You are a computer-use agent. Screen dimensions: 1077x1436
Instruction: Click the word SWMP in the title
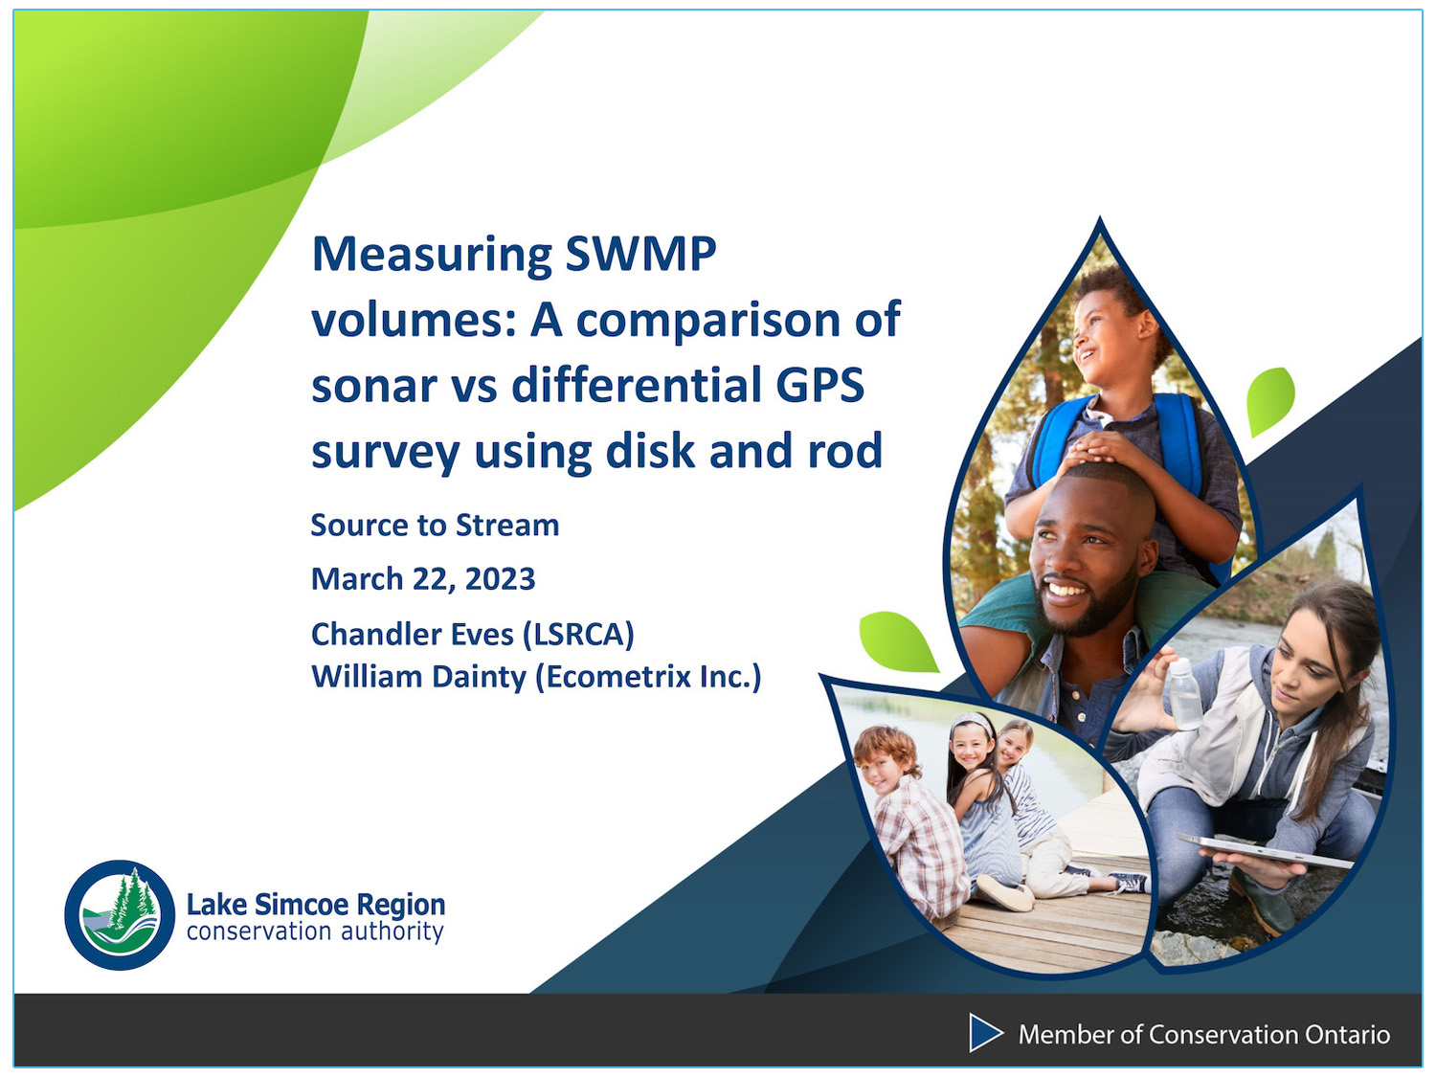pos(639,255)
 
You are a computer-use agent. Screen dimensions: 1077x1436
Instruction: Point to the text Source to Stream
pos(435,526)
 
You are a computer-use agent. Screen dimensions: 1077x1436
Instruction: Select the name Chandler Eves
pos(412,634)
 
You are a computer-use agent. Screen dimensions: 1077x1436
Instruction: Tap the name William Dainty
pos(418,677)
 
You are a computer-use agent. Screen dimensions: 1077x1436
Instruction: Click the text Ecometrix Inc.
pos(648,677)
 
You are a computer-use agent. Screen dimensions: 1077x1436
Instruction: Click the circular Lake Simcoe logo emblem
pos(120,914)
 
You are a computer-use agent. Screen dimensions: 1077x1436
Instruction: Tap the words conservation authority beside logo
pos(315,931)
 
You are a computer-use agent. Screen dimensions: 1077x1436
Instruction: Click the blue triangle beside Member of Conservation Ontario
pos(984,1033)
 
